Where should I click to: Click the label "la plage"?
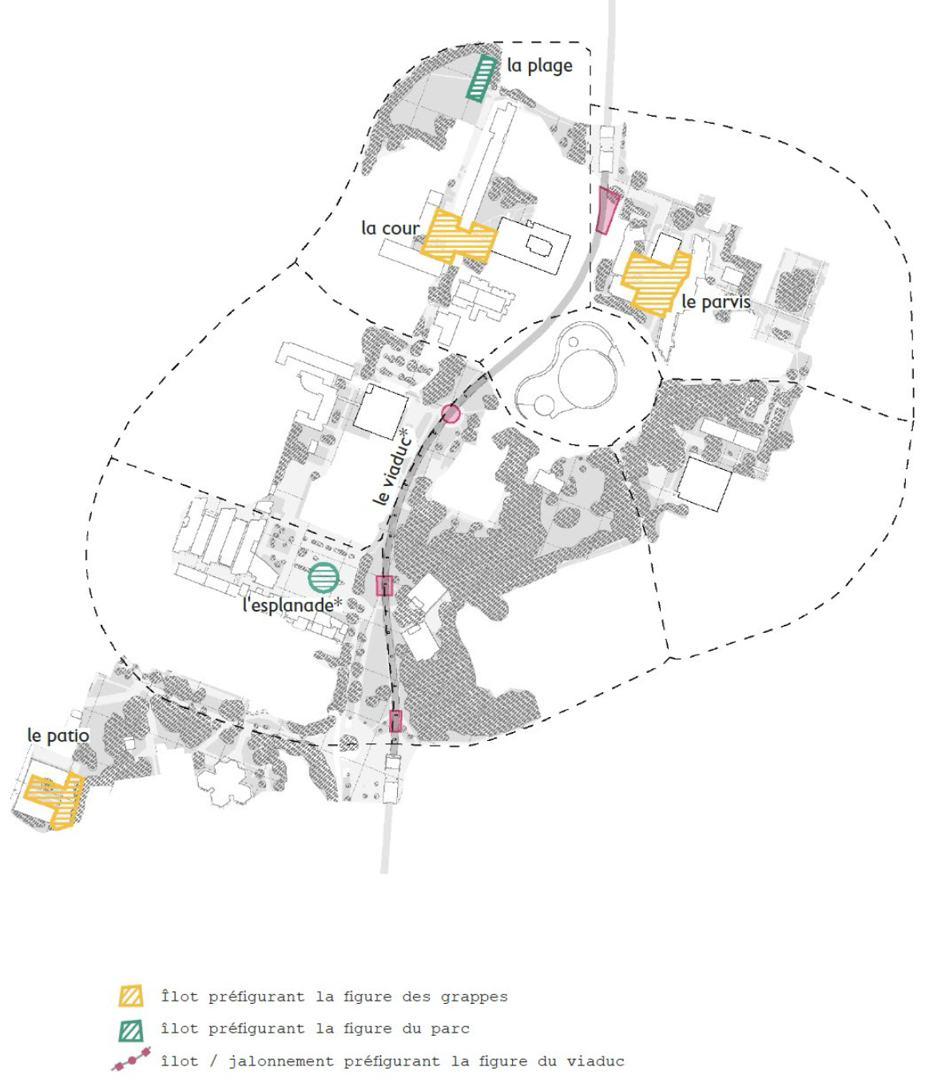point(539,66)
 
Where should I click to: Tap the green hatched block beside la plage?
point(481,78)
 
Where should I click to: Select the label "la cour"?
point(390,229)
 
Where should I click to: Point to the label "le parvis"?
point(716,302)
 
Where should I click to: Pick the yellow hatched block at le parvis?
point(655,281)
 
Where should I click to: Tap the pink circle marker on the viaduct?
point(451,413)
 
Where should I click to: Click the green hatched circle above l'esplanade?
point(324,577)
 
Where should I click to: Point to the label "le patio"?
point(58,735)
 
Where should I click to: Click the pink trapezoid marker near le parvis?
point(607,210)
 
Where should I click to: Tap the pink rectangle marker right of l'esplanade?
point(384,586)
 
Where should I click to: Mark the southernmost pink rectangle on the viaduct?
point(395,721)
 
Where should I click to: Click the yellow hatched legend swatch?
point(131,997)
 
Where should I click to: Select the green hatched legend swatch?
point(131,1029)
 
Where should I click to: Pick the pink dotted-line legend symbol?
point(131,1061)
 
